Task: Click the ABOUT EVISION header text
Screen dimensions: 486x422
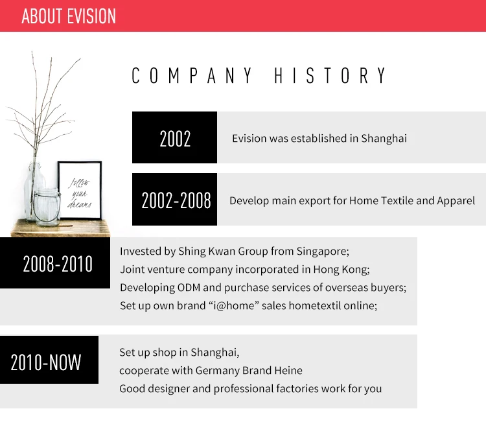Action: pyautogui.click(x=69, y=16)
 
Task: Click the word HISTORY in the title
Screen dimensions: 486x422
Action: pyautogui.click(x=330, y=76)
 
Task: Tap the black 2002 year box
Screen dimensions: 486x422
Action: pyautogui.click(x=174, y=137)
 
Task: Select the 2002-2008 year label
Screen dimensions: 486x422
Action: pyautogui.click(x=176, y=200)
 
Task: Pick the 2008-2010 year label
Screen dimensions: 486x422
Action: pyautogui.click(x=58, y=264)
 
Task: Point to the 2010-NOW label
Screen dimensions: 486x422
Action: pyautogui.click(x=46, y=362)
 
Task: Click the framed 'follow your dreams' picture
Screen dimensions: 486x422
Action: pyautogui.click(x=80, y=190)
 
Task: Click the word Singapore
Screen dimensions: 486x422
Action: pyautogui.click(x=323, y=251)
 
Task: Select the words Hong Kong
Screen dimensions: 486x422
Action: pyautogui.click(x=341, y=270)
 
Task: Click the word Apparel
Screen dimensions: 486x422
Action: pyautogui.click(x=456, y=201)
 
